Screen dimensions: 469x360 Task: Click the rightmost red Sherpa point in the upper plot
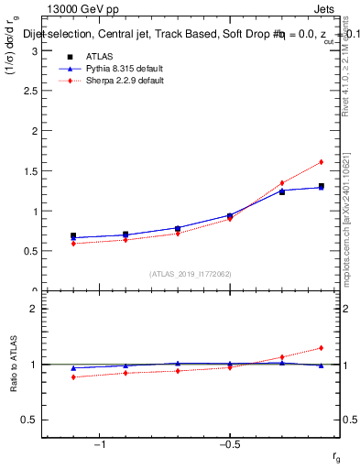pos(322,162)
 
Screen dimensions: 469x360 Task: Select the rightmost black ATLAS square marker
pos(322,187)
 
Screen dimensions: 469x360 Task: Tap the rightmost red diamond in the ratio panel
pos(322,348)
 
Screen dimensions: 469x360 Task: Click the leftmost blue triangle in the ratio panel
pos(73,367)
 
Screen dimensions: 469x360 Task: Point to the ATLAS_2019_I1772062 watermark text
pos(191,274)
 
